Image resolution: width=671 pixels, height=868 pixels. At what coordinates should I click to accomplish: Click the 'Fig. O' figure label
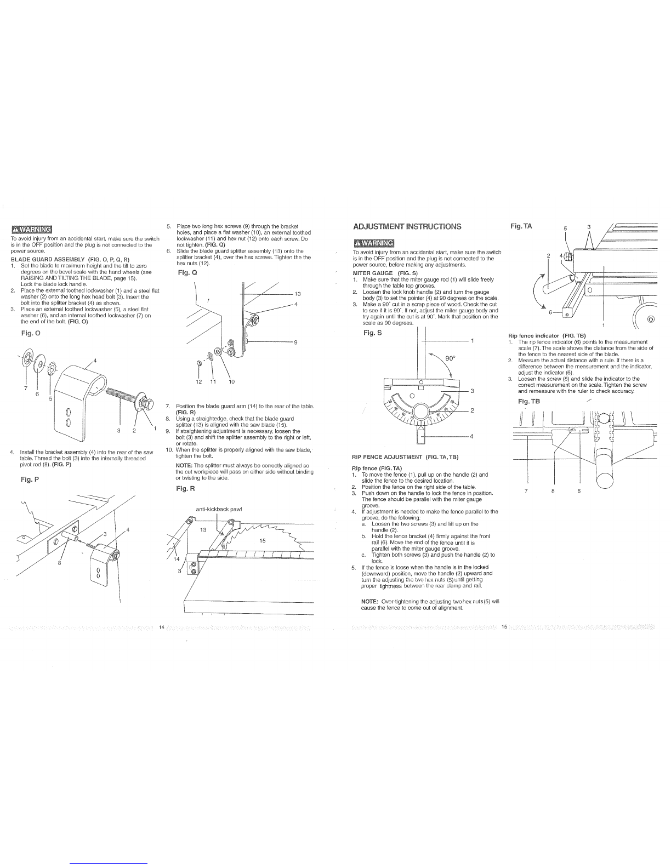(31, 333)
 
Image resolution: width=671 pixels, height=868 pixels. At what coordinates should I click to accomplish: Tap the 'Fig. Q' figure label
(187, 273)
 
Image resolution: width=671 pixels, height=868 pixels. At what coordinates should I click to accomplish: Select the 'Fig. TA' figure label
(521, 226)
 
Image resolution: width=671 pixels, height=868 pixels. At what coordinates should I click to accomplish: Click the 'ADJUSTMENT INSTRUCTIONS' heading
(407, 226)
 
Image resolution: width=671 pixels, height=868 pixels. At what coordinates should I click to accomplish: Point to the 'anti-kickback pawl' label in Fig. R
(219, 509)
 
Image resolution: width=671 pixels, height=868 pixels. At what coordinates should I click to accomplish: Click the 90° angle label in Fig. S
(450, 358)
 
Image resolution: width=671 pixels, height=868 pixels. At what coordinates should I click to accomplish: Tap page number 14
(162, 627)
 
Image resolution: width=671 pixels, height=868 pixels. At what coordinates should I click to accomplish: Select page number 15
(504, 627)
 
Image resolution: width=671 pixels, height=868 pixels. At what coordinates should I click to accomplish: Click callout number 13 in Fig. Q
(297, 294)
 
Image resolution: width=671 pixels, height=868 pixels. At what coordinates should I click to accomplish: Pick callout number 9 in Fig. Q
(295, 342)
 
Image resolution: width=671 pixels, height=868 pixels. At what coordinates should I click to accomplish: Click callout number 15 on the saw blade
(262, 540)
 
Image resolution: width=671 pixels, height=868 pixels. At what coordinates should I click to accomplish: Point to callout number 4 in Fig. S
(471, 436)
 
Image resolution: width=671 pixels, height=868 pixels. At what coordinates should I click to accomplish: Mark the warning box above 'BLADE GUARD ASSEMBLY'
(31, 229)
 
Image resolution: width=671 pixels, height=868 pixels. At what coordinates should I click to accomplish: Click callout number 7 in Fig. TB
(526, 491)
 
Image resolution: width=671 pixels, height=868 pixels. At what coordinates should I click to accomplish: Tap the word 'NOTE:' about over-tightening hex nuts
(369, 602)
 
